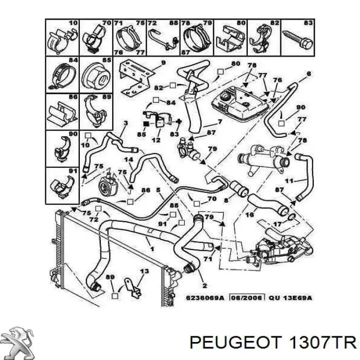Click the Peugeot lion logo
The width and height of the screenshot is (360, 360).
19,343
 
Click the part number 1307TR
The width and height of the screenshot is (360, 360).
322,343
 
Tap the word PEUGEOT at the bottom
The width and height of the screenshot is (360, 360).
236,343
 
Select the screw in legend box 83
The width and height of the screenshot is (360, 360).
298,39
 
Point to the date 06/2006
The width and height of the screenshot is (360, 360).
247,298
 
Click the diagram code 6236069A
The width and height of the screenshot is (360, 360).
205,298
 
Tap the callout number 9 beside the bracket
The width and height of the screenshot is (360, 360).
163,62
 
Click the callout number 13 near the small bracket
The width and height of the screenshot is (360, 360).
145,271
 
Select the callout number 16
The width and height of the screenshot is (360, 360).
249,214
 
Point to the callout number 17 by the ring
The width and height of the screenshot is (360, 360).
277,223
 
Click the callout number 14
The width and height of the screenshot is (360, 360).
129,159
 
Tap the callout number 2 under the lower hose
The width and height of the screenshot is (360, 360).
205,285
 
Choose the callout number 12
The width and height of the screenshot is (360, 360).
156,139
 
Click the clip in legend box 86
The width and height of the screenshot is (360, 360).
62,114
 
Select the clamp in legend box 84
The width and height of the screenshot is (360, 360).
62,77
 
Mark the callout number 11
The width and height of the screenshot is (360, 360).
289,181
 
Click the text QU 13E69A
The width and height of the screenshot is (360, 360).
290,298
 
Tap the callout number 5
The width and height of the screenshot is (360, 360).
158,190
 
